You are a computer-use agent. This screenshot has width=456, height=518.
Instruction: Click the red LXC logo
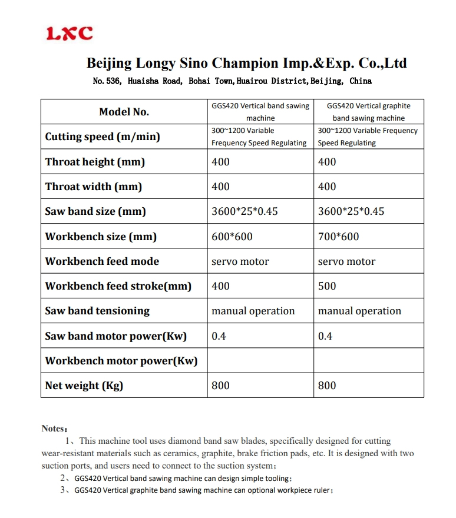tap(70, 34)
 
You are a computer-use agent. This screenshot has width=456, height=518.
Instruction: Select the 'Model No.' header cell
tap(124, 112)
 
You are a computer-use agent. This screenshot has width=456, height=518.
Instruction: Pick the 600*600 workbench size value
tap(228, 237)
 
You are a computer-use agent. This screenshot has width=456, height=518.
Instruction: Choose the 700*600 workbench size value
tap(335, 237)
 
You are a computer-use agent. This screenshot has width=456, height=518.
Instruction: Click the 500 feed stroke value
tap(327, 286)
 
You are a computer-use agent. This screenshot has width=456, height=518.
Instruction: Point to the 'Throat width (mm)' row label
tap(93, 187)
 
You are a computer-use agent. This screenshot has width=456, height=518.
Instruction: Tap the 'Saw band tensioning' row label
tap(97, 311)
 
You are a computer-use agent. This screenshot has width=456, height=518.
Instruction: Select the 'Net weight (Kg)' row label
tap(84, 386)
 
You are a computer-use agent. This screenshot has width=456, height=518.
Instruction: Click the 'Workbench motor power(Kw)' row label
tap(121, 361)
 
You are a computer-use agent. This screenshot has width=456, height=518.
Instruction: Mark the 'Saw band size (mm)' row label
tap(95, 211)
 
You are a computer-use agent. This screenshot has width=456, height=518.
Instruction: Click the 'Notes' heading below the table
tap(54, 429)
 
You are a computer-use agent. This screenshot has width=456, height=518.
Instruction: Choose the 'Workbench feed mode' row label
tap(102, 261)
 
